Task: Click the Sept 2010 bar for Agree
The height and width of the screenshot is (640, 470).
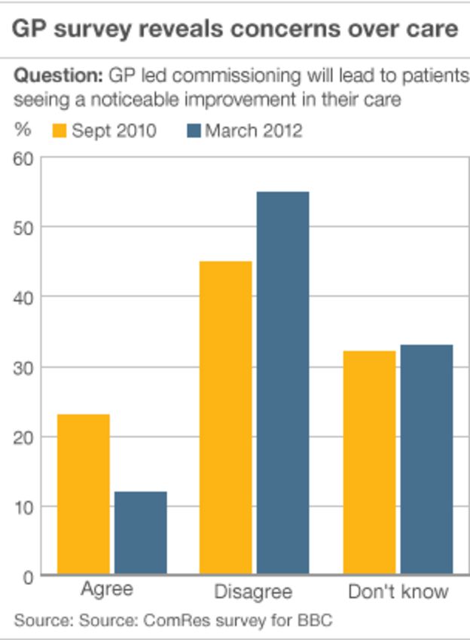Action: click(84, 495)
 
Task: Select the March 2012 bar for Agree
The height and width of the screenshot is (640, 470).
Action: click(140, 533)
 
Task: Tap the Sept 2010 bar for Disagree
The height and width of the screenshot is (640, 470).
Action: click(225, 418)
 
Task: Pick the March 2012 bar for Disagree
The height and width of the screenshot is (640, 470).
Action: click(282, 383)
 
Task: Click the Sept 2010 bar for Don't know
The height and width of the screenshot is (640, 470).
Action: click(369, 463)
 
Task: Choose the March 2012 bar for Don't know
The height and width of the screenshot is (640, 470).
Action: click(426, 459)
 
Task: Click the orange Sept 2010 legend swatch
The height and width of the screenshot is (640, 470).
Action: click(60, 130)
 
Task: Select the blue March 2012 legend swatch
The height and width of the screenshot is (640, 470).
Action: click(194, 130)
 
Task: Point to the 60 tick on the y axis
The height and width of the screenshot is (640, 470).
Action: click(23, 158)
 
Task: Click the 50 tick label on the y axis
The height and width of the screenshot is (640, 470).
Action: click(23, 228)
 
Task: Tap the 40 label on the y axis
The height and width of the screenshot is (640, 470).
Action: click(23, 298)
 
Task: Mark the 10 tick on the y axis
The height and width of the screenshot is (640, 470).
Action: click(23, 507)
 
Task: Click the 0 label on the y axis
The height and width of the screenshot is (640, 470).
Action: click(28, 577)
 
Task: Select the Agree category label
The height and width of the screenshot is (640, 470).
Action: click(107, 588)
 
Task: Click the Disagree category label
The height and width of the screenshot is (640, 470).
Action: click(253, 591)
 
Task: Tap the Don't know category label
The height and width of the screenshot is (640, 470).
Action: click(398, 591)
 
